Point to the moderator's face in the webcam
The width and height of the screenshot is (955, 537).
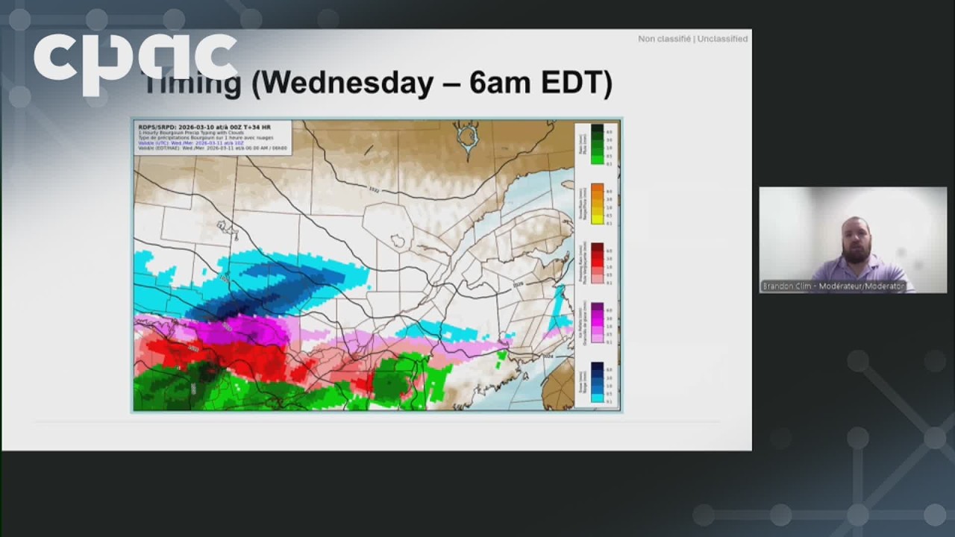(x=857, y=239)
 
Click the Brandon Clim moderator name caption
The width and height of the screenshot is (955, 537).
(x=833, y=286)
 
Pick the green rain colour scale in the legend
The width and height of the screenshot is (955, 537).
(x=597, y=144)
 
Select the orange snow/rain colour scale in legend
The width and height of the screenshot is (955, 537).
(x=597, y=204)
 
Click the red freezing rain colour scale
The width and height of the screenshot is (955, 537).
(x=597, y=263)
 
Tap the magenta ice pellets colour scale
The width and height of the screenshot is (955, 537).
(x=597, y=322)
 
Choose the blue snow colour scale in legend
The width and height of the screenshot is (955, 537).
(x=597, y=382)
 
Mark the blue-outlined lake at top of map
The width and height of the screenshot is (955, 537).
(x=469, y=138)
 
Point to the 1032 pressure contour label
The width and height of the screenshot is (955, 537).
(x=374, y=190)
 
